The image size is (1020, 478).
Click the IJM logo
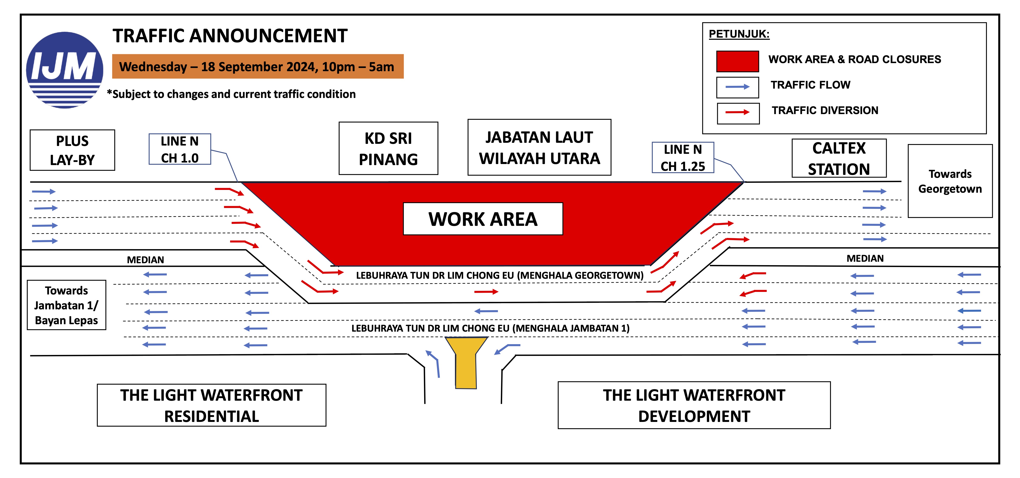(x=65, y=70)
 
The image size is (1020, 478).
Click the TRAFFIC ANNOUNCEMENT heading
(x=230, y=36)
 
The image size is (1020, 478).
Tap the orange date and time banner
(x=258, y=66)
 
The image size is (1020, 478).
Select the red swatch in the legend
(x=737, y=61)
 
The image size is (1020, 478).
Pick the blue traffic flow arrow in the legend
(x=737, y=87)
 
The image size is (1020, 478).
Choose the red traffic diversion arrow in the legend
(x=738, y=112)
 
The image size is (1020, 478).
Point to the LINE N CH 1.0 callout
(x=180, y=149)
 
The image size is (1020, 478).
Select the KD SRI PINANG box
(x=388, y=148)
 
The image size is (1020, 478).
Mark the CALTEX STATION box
(x=839, y=158)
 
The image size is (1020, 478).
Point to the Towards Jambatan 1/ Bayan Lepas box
(x=67, y=305)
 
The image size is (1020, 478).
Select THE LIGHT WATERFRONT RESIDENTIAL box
(x=211, y=405)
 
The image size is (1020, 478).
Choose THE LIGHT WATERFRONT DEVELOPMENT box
(x=694, y=405)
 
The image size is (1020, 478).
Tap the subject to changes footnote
(x=231, y=94)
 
